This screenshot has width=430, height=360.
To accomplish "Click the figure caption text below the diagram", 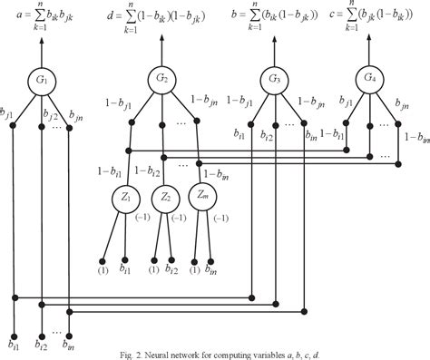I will click(215, 351).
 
